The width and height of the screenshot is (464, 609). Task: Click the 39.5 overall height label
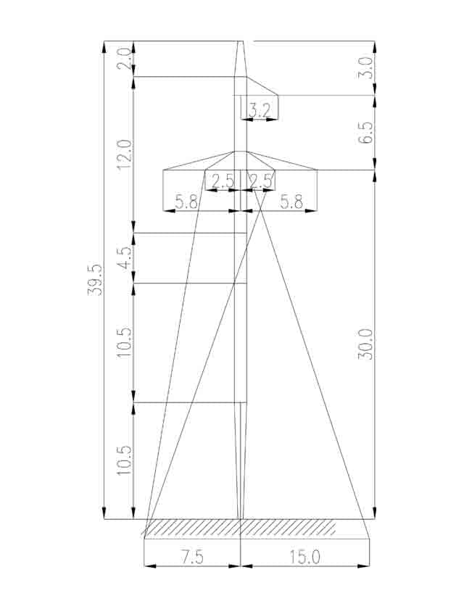[x=95, y=280]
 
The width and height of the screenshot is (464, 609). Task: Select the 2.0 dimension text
[x=124, y=59]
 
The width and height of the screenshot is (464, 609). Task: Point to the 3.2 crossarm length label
[x=259, y=111]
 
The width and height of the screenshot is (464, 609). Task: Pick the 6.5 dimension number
[x=365, y=133]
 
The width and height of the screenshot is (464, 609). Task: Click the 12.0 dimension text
[x=124, y=154]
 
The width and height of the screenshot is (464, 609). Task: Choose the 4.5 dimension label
[x=125, y=258]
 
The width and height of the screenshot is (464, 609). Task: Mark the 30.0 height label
[x=365, y=344]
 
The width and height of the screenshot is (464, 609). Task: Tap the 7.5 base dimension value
[x=192, y=558]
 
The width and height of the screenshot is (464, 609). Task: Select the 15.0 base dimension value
[x=304, y=558]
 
